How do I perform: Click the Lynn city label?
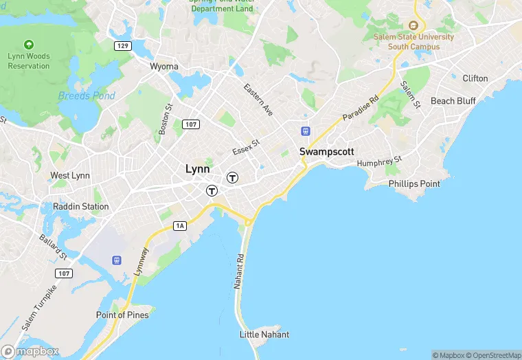coord(198,169)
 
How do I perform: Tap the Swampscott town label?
coord(326,151)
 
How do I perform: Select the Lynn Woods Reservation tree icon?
coord(29,44)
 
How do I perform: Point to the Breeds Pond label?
coord(87,96)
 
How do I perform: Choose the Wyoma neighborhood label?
coord(164,67)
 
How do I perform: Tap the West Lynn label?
coord(70,176)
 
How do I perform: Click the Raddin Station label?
coord(81,206)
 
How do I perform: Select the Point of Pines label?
coord(122,315)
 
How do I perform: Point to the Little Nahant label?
coord(264,335)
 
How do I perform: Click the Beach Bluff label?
coord(453,101)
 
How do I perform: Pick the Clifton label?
coord(475,78)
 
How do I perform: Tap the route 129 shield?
coord(123,45)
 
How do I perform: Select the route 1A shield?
coord(181,225)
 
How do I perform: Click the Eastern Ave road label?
coord(258,99)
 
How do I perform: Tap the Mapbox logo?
coord(30,351)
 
